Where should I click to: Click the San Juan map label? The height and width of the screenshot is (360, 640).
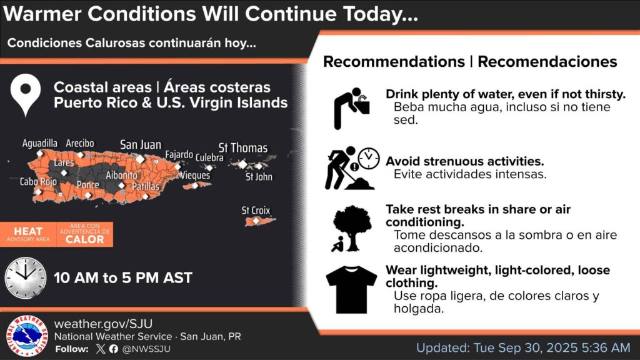(x=141, y=144)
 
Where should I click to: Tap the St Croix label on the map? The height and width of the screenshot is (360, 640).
(x=256, y=211)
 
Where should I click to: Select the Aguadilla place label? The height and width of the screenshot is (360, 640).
(x=39, y=143)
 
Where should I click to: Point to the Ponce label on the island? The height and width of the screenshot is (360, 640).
(x=87, y=185)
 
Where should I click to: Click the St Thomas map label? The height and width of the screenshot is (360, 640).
(x=243, y=147)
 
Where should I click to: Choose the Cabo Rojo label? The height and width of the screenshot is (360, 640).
(x=38, y=181)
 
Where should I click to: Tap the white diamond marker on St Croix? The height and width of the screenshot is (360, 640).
(x=256, y=221)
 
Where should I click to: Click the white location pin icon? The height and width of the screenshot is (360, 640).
(x=26, y=95)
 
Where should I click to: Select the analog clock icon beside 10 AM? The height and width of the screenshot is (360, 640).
(x=25, y=277)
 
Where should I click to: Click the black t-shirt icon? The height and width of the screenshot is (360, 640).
(x=351, y=289)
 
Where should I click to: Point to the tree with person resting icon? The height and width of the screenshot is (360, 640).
(x=351, y=228)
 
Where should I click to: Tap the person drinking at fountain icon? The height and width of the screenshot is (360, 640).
(x=351, y=109)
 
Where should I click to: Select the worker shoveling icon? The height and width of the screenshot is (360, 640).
(x=352, y=168)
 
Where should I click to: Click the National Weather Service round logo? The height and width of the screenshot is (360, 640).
(x=27, y=336)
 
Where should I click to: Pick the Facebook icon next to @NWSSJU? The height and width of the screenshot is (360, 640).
(x=114, y=349)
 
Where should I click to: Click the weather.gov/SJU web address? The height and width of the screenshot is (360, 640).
(x=103, y=324)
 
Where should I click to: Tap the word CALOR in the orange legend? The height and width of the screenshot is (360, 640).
(x=85, y=239)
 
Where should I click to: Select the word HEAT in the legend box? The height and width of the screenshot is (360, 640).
(x=28, y=231)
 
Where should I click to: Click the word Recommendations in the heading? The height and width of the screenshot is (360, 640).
(x=394, y=62)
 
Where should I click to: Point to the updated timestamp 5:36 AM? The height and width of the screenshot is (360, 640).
(x=606, y=347)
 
